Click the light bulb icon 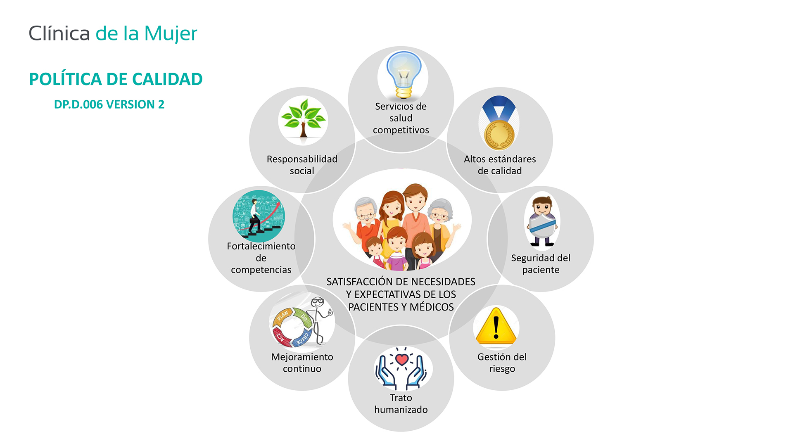[404, 75]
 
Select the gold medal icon [499, 123]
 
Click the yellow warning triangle [496, 326]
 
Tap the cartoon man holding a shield [542, 221]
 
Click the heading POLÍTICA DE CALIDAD [116, 79]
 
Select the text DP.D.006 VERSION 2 [109, 104]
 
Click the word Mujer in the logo [171, 34]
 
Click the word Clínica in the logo [59, 33]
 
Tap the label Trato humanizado [401, 403]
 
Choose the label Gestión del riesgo [502, 363]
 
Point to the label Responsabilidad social [302, 165]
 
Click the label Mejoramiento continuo [302, 363]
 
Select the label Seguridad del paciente [541, 264]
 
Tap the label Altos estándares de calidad [500, 165]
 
